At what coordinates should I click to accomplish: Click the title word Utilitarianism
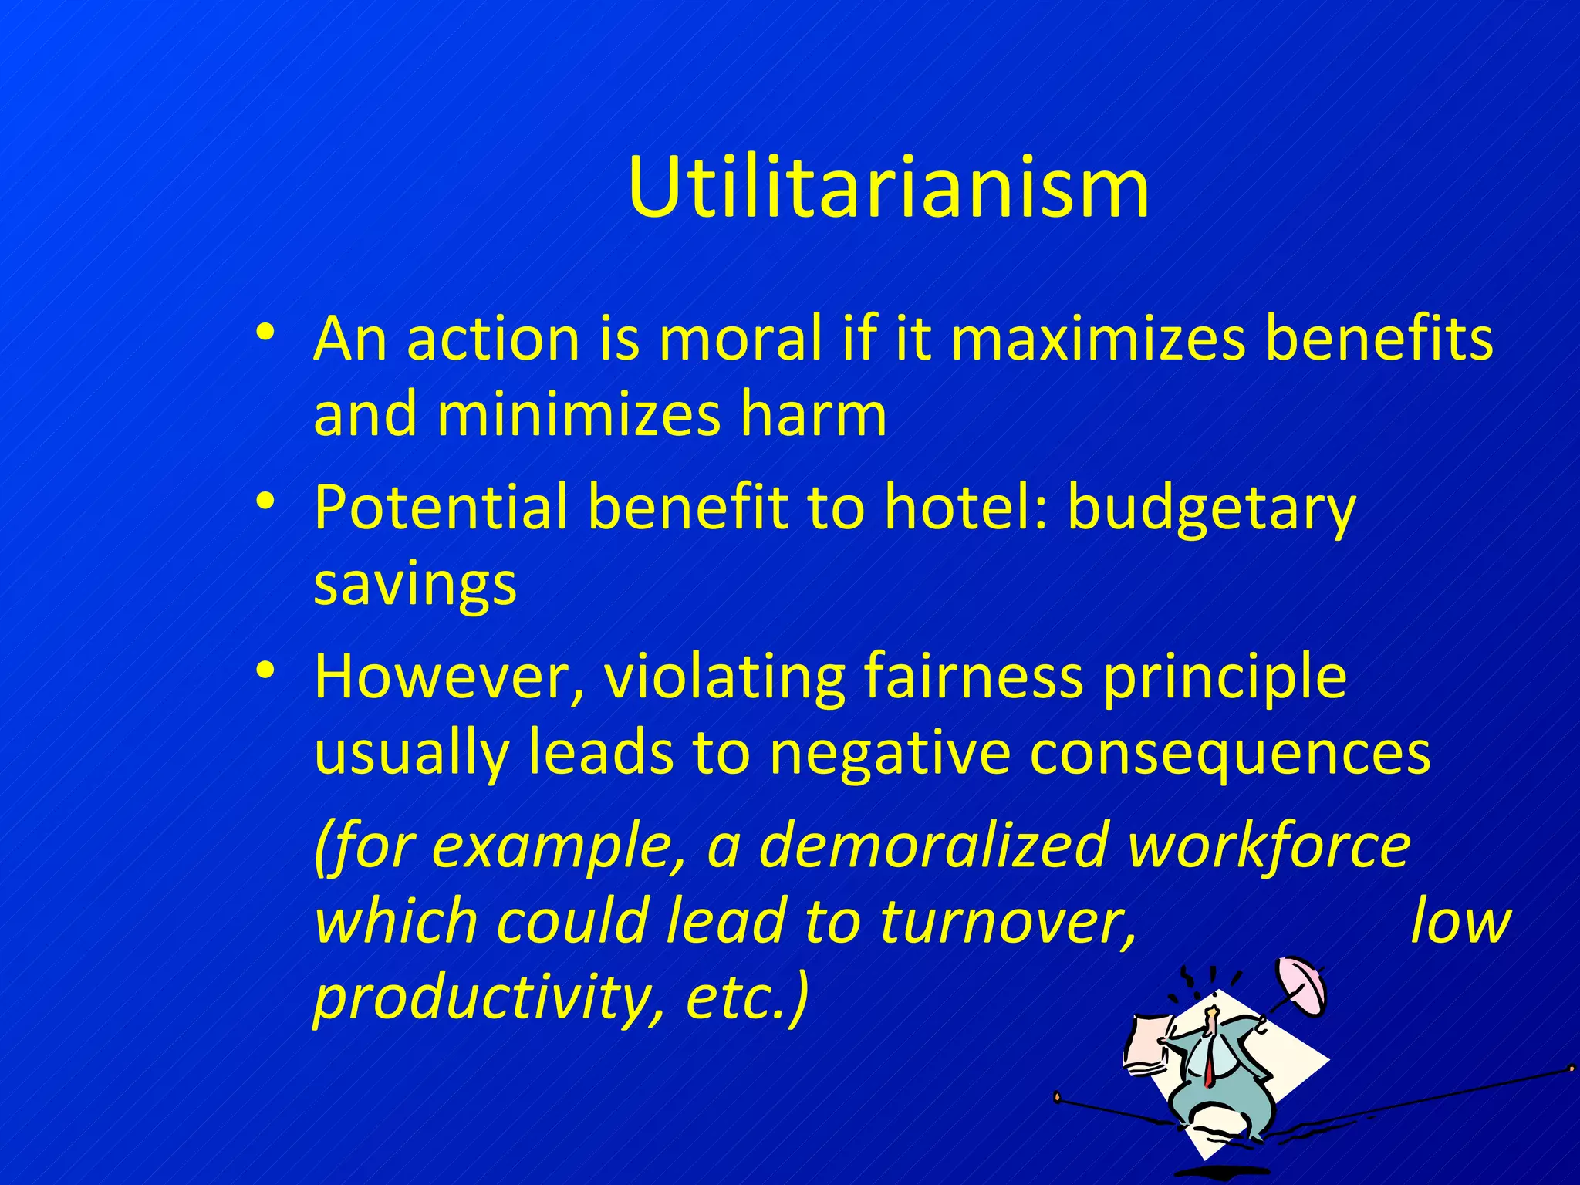tap(888, 188)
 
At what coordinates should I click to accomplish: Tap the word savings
tap(415, 585)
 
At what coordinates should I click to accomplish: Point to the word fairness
tap(973, 677)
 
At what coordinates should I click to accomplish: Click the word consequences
tap(1230, 753)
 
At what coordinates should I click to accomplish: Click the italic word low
tap(1460, 921)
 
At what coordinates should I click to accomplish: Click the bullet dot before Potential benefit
tap(265, 502)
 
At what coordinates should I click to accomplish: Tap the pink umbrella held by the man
tap(1302, 985)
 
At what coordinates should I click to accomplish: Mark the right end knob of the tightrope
tap(1572, 1069)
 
